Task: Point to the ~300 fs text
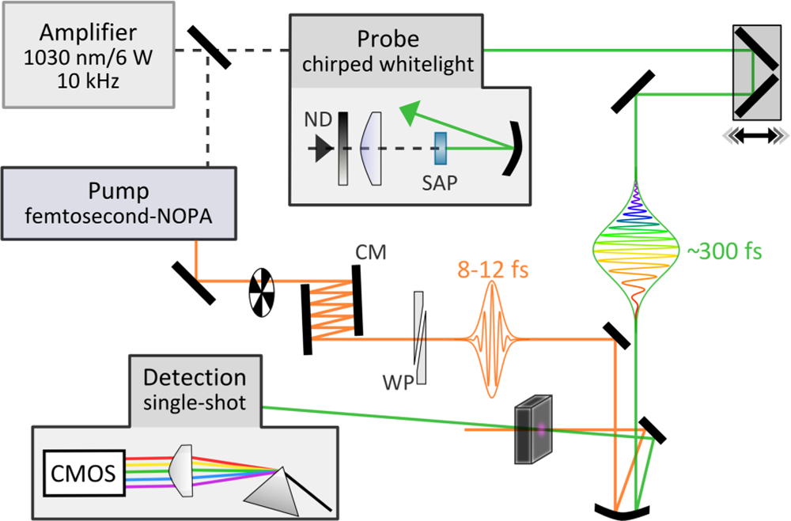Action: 725,252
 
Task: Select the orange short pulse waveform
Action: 494,340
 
